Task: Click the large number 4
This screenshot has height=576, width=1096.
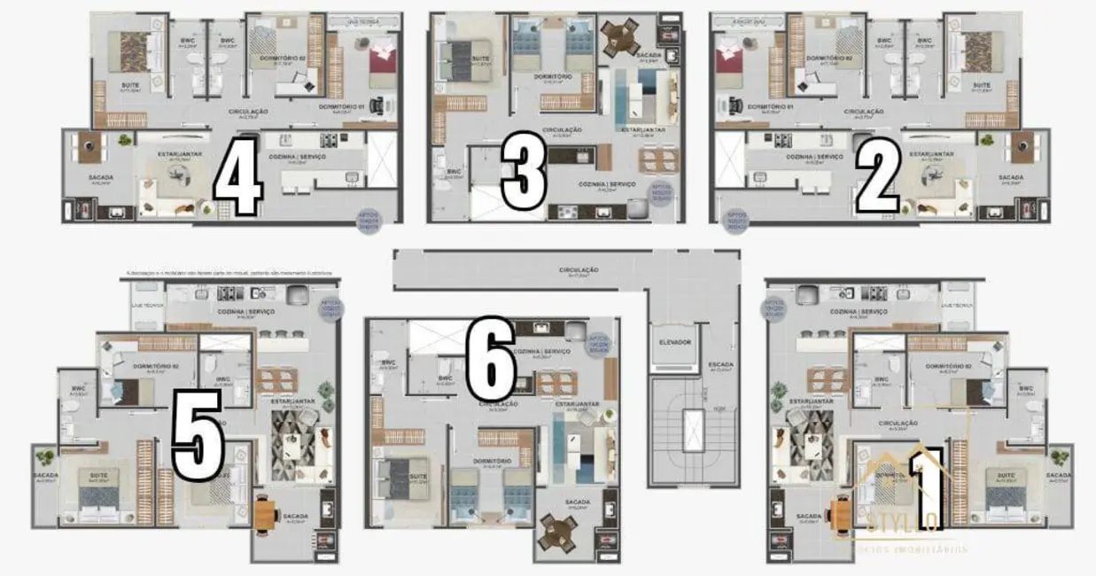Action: pyautogui.click(x=237, y=177)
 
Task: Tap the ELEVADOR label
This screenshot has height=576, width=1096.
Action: pyautogui.click(x=675, y=342)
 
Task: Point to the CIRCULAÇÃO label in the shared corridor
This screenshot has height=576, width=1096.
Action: pyautogui.click(x=579, y=269)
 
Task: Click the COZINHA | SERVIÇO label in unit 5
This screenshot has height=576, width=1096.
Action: pyautogui.click(x=246, y=312)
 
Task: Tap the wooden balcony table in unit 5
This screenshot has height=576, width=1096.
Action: pyautogui.click(x=266, y=514)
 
